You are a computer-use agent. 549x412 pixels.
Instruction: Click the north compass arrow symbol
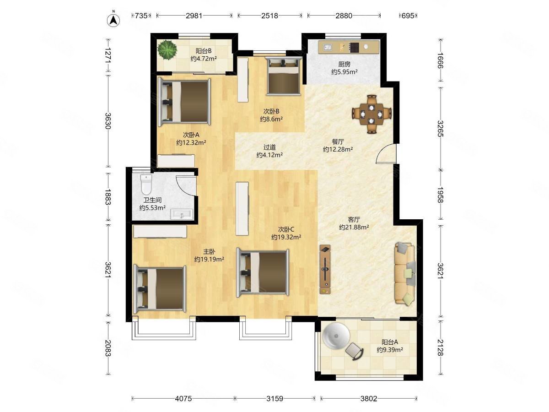(x=113, y=20)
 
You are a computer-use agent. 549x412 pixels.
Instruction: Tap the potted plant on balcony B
(x=167, y=50)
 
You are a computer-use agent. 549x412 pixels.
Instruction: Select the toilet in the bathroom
(x=146, y=184)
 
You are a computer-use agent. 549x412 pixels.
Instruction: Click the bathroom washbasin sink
(x=182, y=214)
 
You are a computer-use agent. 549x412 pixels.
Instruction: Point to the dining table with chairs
(x=371, y=114)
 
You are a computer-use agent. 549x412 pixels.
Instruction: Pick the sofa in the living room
(x=405, y=274)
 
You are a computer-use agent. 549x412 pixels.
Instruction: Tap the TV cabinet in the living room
(x=325, y=269)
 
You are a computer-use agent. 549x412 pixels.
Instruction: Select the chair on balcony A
(x=355, y=351)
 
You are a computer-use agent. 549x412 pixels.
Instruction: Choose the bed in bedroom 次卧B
(x=284, y=76)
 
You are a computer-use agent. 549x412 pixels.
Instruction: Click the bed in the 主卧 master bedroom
(x=160, y=289)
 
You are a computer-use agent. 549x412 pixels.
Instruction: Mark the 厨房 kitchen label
(x=344, y=64)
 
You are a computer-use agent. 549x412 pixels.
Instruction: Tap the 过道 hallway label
(x=269, y=147)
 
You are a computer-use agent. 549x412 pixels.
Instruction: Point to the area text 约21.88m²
(x=354, y=227)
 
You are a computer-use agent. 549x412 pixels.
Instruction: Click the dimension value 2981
(x=194, y=16)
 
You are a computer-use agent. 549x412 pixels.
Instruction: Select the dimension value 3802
(x=368, y=398)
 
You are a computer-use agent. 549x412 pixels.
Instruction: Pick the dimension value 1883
(x=108, y=197)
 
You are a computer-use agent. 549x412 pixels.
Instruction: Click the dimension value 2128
(x=441, y=348)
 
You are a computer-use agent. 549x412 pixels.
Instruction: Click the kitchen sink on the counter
(x=327, y=47)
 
